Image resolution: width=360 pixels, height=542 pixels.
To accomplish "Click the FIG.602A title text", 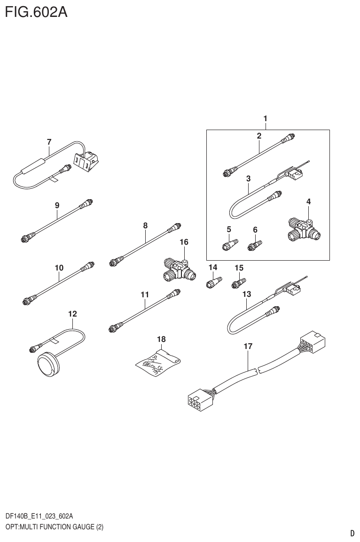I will click(x=36, y=12).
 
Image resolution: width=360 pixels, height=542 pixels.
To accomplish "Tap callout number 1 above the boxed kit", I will click(x=266, y=119).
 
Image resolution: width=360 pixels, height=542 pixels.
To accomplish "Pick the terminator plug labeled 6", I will click(x=255, y=246).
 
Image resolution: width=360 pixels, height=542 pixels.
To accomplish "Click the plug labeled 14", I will click(x=213, y=283).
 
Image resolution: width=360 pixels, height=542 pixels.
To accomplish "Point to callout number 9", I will click(x=57, y=205).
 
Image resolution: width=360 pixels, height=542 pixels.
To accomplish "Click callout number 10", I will click(x=59, y=268).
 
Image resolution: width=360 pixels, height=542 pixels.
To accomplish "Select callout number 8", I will click(x=145, y=225).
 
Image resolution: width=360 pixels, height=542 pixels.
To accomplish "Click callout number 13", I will click(x=246, y=294).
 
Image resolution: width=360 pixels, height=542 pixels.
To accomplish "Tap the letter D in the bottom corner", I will click(x=352, y=533).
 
